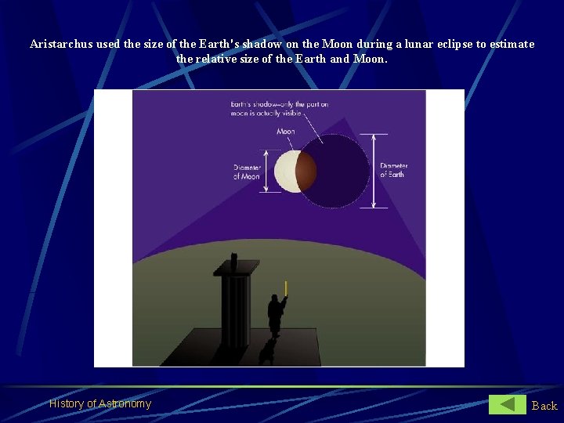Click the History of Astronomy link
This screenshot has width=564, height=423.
99,403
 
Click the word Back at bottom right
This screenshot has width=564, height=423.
544,405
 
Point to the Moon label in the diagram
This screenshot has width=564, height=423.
286,132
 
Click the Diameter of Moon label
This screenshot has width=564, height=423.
246,172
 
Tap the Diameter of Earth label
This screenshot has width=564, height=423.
394,170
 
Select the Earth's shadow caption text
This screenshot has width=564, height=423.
279,109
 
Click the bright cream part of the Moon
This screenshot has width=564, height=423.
285,172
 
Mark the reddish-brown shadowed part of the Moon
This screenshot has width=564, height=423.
307,172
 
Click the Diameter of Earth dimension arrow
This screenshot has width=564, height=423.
374,170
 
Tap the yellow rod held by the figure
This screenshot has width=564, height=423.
286,287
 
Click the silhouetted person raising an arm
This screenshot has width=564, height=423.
275,313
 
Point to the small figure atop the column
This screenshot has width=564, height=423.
233,260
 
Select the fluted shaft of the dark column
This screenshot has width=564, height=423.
235,309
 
